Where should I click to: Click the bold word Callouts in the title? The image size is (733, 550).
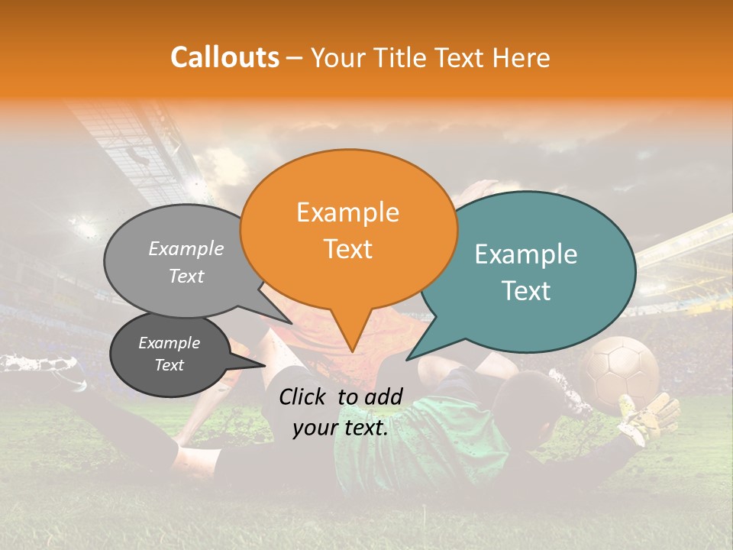(x=224, y=57)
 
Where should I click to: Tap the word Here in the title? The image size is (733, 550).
(x=519, y=57)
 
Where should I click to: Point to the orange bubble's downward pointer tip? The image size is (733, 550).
(x=351, y=351)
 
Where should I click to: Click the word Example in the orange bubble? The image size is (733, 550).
(x=347, y=212)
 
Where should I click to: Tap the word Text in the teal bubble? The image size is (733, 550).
(x=526, y=291)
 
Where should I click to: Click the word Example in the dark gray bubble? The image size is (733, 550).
(x=169, y=343)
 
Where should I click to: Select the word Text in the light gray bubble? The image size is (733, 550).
(x=186, y=276)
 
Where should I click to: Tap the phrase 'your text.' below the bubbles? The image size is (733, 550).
(x=341, y=428)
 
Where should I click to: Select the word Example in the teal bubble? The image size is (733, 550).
(x=526, y=254)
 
